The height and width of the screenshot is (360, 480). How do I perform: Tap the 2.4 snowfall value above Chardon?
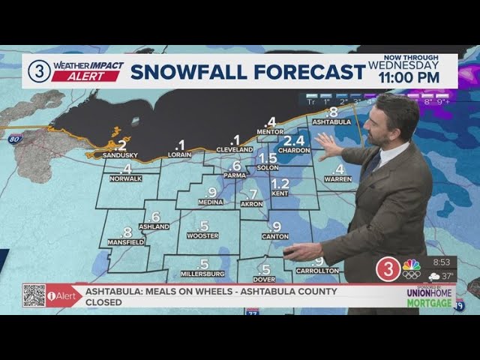tap(295, 140)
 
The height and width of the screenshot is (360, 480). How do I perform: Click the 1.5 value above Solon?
tap(268, 158)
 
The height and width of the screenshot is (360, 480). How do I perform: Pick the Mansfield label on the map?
tap(126, 242)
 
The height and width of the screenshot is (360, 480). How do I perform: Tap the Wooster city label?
tap(203, 235)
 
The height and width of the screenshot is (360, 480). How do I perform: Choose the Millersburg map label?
tap(202, 274)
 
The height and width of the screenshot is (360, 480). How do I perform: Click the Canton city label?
tap(275, 236)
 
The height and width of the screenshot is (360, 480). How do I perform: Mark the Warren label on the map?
tap(338, 178)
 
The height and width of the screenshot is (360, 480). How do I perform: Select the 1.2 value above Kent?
tap(280, 184)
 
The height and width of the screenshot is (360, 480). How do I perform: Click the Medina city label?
tap(210, 202)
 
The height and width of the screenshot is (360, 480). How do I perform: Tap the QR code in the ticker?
tap(34, 295)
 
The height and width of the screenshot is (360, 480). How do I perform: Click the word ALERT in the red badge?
tap(97, 76)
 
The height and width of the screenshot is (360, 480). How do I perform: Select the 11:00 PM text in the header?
tap(409, 78)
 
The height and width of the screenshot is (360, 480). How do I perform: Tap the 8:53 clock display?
tap(440, 262)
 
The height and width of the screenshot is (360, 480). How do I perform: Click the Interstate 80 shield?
tap(13, 139)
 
